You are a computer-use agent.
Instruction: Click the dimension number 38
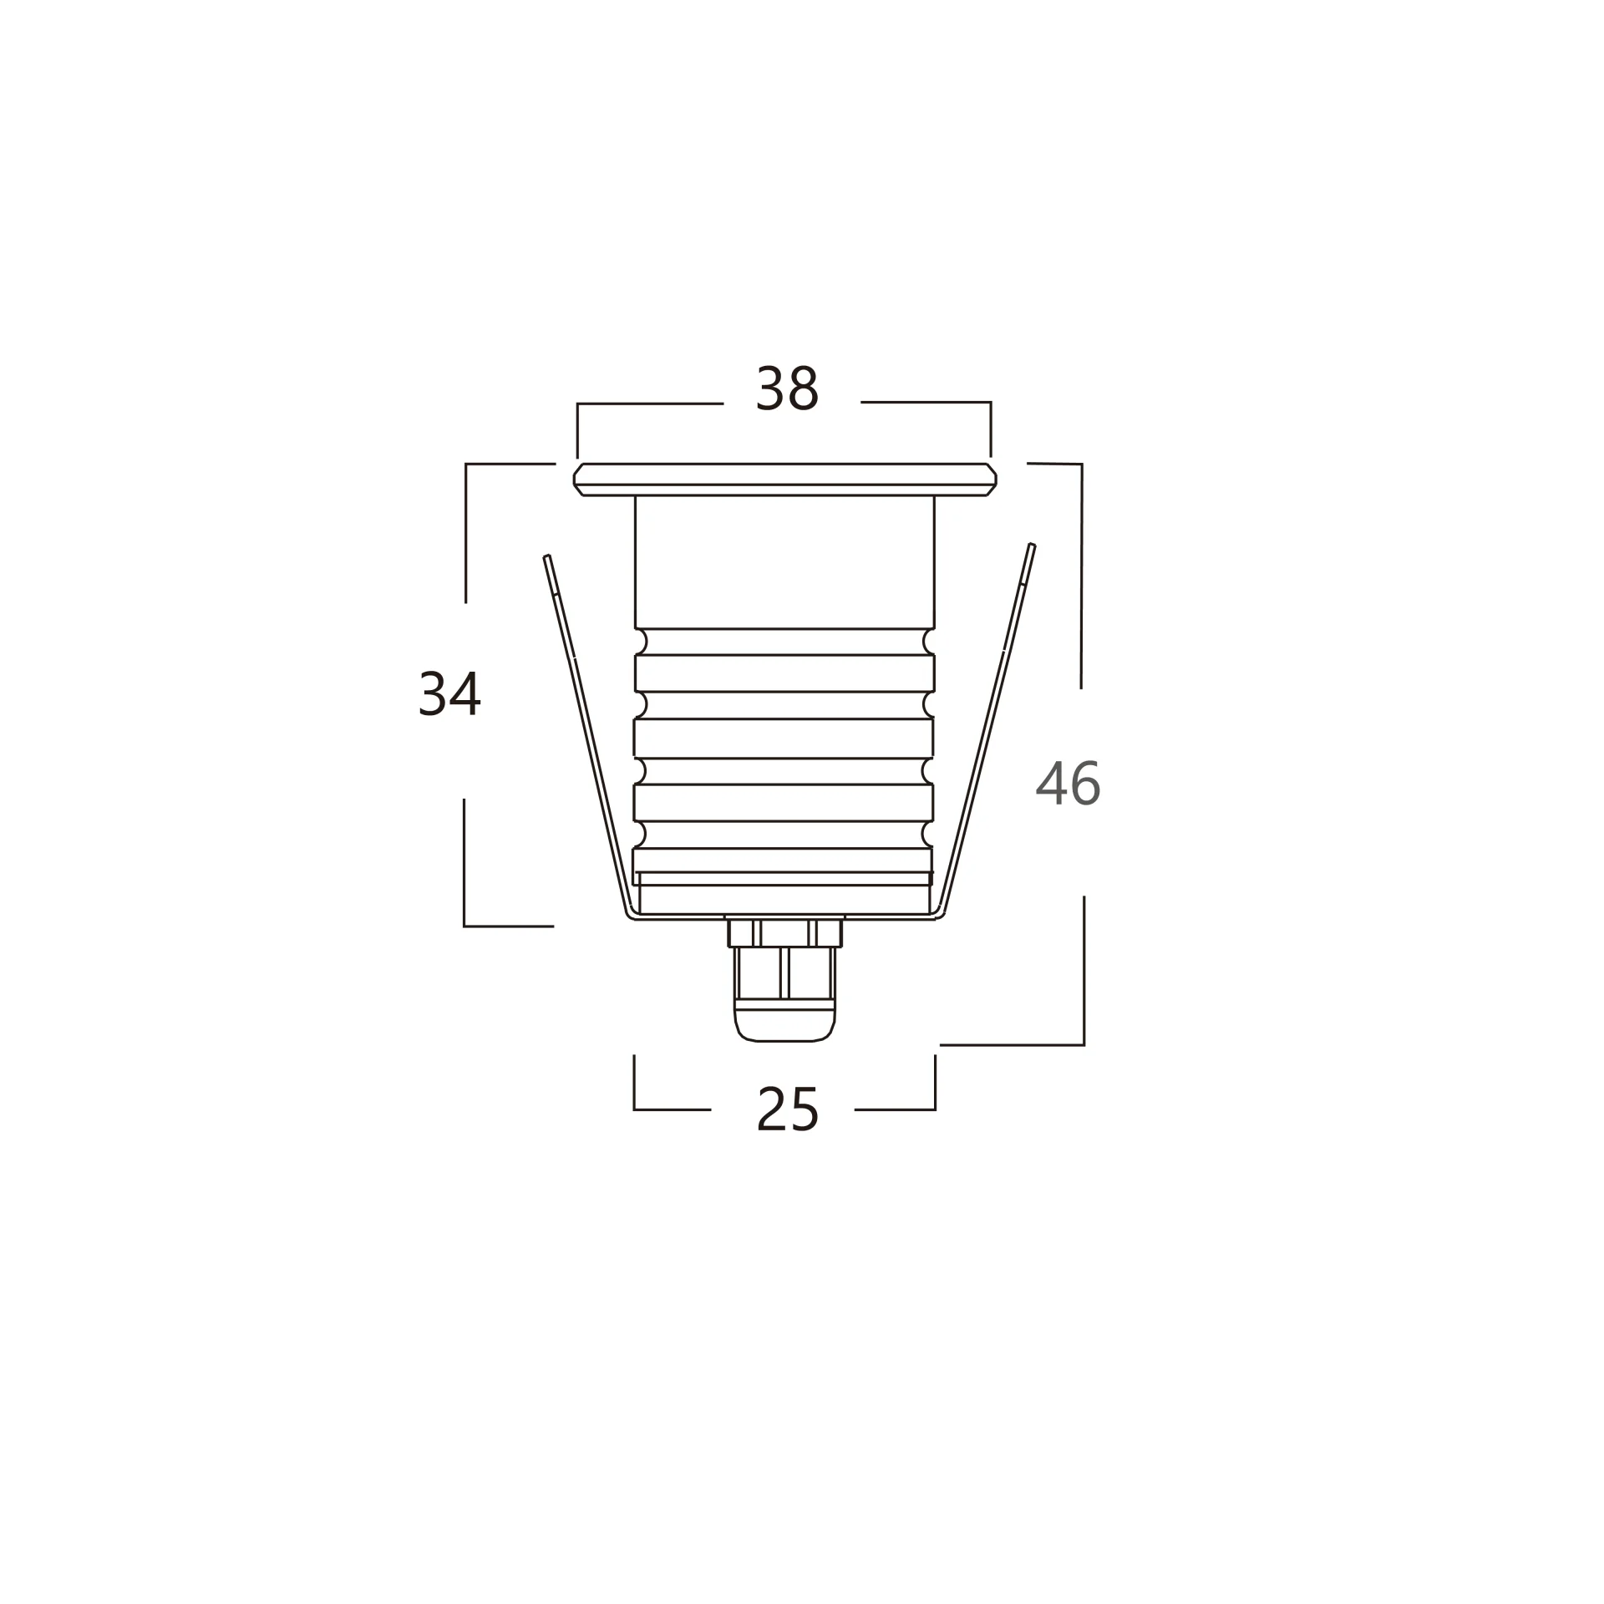tap(786, 388)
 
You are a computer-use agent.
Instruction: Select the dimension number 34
tap(449, 693)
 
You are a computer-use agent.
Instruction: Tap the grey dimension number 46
tap(1068, 784)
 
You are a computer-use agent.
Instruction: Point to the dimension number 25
tap(787, 1109)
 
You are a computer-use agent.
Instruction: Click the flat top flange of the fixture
tap(785, 480)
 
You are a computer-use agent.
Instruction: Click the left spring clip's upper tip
tap(546, 556)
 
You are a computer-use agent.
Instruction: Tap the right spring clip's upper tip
tap(1032, 545)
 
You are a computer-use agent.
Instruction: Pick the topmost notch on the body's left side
tap(642, 642)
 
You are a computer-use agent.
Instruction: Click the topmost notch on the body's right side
tap(928, 642)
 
